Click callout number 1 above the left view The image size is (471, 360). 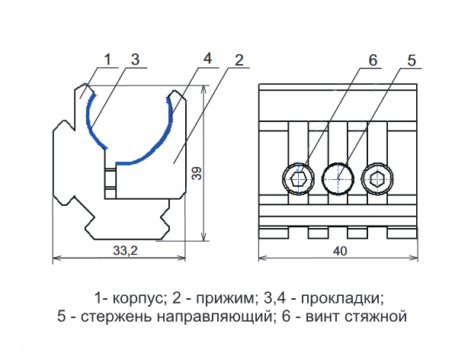point(108,59)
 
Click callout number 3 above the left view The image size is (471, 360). point(134,59)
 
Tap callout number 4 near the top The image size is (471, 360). point(207,59)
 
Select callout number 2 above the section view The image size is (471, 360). point(239,61)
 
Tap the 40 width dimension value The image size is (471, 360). point(338,250)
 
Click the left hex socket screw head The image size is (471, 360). point(297,180)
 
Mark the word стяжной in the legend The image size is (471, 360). point(380,315)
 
